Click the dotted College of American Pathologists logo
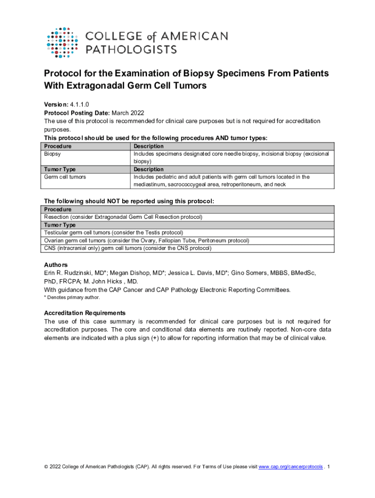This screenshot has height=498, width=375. coord(62,42)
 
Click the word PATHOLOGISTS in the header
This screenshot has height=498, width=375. coord(131,49)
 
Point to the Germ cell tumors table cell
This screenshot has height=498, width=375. coord(65,177)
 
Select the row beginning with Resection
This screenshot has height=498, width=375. coord(123,217)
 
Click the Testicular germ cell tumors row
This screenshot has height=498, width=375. coord(113,232)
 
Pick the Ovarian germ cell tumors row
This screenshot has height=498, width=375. coord(146,240)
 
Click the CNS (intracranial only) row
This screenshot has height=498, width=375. coord(128,248)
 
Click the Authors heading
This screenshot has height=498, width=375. coord(56,265)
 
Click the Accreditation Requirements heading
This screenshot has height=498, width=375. coord(85,313)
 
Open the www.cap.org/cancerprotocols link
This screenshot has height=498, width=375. coord(290,467)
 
